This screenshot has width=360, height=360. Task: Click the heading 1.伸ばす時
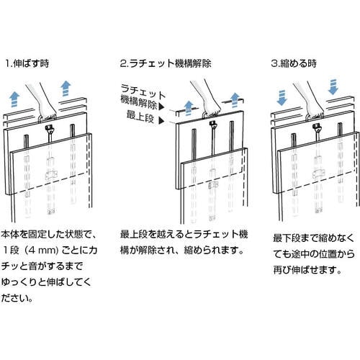click(x=27, y=63)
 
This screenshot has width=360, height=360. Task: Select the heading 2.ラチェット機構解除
click(x=166, y=63)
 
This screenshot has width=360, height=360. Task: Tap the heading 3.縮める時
click(x=294, y=63)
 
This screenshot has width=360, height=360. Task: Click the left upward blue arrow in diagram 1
click(x=14, y=99)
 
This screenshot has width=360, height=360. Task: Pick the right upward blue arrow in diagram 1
click(x=66, y=88)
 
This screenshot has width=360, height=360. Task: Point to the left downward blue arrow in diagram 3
click(x=282, y=98)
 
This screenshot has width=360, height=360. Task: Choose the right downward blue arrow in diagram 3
click(x=333, y=87)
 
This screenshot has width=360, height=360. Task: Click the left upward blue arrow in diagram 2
click(x=189, y=108)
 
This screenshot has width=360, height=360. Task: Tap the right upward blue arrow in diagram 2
click(x=235, y=100)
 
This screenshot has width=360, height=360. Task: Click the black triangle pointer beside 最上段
click(x=161, y=121)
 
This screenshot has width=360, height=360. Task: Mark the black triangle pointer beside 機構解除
click(x=162, y=107)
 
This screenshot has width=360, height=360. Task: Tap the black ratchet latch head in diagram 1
click(x=50, y=130)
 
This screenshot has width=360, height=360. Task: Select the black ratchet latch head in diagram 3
click(x=318, y=128)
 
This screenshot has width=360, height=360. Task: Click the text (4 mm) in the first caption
click(x=42, y=251)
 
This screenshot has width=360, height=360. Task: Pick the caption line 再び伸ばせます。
click(x=307, y=270)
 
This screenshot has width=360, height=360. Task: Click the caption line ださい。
click(x=17, y=298)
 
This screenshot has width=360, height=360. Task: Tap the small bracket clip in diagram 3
click(x=319, y=174)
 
